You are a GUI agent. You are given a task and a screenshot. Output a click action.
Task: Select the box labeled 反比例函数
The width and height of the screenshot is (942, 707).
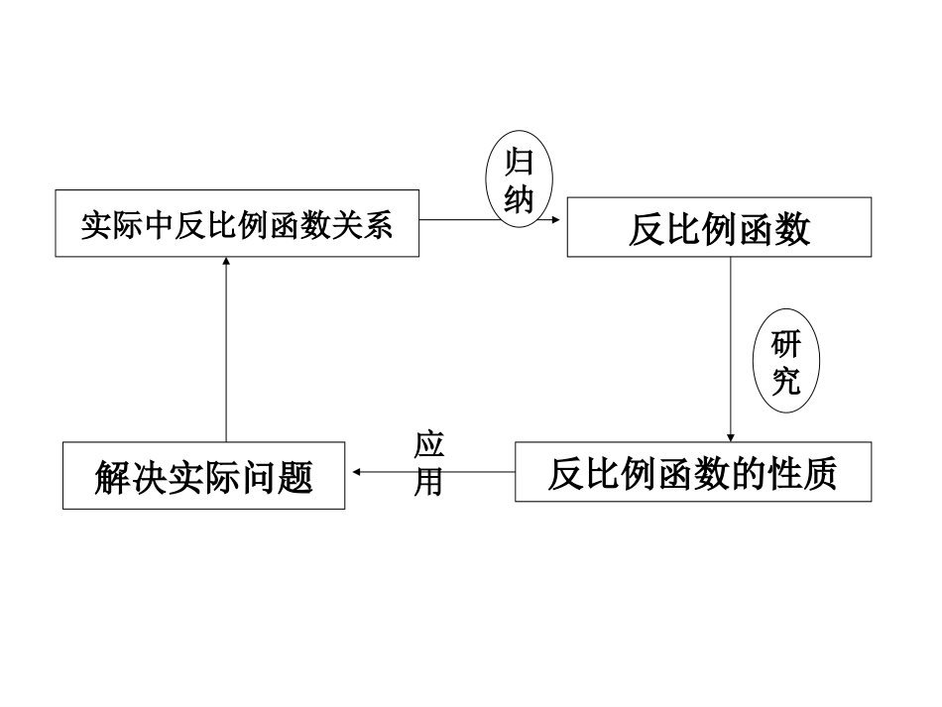pos(719,228)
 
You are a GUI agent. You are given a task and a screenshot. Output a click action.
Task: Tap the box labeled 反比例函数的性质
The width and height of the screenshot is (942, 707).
pos(693,472)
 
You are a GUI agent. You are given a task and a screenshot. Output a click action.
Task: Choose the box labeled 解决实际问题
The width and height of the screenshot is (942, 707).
pos(203,476)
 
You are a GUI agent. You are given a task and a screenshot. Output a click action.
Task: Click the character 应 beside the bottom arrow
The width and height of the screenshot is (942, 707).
pos(429,444)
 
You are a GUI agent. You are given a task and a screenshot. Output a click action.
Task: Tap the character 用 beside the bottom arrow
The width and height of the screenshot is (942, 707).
pos(428,482)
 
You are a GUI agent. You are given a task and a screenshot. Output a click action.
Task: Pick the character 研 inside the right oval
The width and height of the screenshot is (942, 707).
pos(786,345)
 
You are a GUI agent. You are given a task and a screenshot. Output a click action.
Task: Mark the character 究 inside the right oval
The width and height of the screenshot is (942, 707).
pos(786,382)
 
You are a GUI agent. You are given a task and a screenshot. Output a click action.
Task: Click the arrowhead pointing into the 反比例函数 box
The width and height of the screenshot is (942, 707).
pos(560,220)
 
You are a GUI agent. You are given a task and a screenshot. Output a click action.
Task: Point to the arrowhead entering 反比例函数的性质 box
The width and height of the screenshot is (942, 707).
pos(731,436)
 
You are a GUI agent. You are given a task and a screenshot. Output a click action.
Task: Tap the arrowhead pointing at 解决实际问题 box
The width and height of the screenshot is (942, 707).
pos(353,472)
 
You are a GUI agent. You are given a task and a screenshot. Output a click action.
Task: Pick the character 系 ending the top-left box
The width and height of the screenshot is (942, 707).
pos(378,225)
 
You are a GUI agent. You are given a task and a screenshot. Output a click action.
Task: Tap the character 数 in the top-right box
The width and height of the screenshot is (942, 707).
pos(792,229)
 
